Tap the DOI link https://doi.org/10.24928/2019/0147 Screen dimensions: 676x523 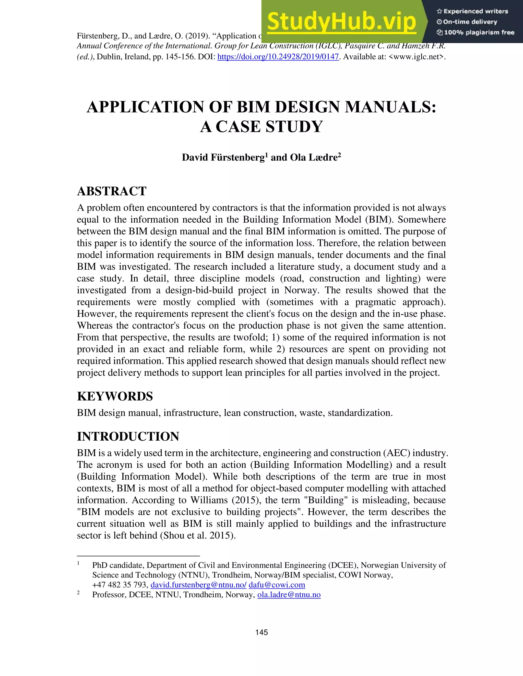click(x=278, y=57)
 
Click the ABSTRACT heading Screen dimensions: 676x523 click(x=112, y=191)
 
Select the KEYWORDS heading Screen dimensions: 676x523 click(x=115, y=396)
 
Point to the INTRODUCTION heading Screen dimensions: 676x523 click(x=128, y=436)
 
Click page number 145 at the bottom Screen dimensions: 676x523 click(x=261, y=632)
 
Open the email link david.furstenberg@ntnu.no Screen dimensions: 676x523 click(x=198, y=585)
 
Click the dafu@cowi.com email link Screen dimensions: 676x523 click(x=277, y=585)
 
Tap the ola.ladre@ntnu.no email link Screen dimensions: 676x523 click(x=289, y=595)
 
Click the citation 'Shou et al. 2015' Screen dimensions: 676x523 click(x=197, y=535)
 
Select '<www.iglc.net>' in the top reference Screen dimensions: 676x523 click(x=417, y=57)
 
